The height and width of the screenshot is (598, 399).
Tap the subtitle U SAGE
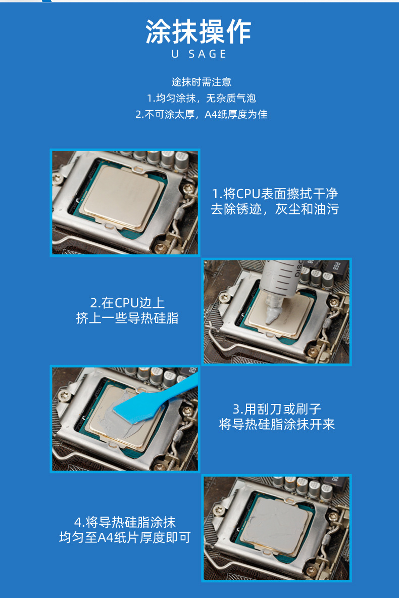click(199, 54)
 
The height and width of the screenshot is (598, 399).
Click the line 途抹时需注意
click(201, 81)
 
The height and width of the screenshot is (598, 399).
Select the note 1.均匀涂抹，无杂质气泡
click(201, 98)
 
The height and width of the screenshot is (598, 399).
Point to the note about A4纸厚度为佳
click(201, 114)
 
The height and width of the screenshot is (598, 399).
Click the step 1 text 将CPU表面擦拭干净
click(275, 194)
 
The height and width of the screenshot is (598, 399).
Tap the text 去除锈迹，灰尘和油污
click(275, 209)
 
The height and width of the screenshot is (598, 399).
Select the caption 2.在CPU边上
click(127, 303)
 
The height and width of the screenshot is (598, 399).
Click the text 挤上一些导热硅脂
click(127, 318)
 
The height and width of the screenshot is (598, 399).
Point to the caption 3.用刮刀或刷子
click(277, 408)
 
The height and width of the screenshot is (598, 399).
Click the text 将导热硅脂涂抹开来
click(277, 424)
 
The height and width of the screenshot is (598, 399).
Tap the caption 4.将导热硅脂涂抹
click(125, 522)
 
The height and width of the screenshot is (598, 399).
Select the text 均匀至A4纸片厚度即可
click(125, 538)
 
